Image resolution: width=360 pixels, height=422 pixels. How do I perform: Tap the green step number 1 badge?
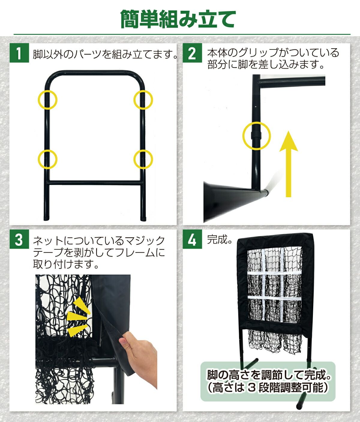click(19, 53)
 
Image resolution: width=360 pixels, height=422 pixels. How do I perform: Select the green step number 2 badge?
click(192, 53)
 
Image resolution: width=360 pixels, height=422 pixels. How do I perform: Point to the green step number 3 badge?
click(19, 239)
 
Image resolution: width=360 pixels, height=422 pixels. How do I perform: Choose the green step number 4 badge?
click(192, 239)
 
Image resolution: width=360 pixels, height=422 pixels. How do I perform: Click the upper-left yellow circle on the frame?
click(38, 100)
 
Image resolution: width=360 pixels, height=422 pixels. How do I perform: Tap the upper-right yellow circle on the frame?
click(134, 100)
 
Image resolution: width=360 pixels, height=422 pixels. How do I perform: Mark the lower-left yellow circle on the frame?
click(38, 159)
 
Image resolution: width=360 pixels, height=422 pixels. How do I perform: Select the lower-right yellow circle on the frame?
click(134, 159)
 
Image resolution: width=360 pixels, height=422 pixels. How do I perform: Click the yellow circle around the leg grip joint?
click(243, 136)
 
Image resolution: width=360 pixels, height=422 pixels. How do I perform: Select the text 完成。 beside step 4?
click(220, 239)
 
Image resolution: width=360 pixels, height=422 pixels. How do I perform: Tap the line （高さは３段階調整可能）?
click(268, 387)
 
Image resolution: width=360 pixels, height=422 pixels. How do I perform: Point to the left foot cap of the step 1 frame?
click(47, 218)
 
